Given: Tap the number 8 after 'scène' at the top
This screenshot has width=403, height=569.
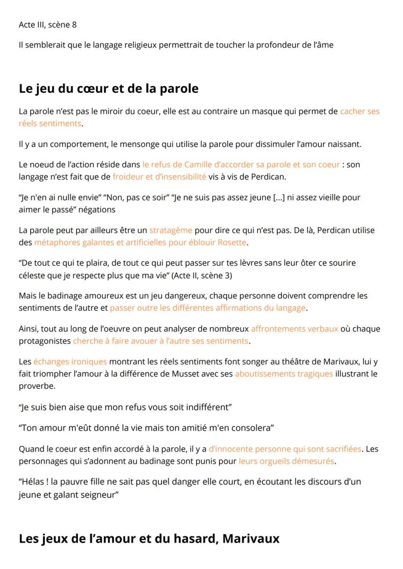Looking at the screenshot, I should click(x=74, y=24).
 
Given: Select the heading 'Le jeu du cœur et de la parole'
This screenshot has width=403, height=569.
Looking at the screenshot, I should click(x=109, y=89).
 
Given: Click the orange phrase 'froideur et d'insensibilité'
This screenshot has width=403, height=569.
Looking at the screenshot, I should click(x=159, y=177).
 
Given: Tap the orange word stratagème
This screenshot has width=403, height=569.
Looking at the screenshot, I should click(x=170, y=230).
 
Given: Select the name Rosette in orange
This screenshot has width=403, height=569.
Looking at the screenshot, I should click(x=232, y=242).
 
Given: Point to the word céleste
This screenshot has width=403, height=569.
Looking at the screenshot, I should click(x=33, y=275).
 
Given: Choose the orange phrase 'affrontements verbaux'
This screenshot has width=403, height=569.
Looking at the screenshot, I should click(x=294, y=328).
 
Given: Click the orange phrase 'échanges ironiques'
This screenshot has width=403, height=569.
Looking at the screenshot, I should click(x=70, y=361).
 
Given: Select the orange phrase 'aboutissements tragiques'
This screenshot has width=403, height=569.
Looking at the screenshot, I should click(x=284, y=373).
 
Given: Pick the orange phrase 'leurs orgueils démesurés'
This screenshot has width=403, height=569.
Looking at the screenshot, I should click(x=286, y=461).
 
